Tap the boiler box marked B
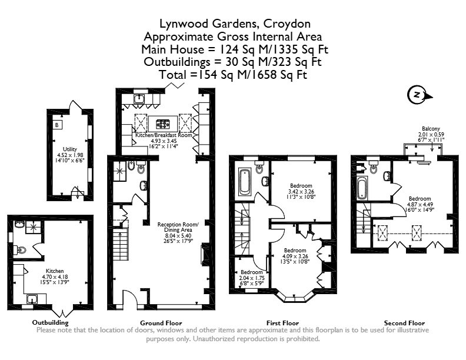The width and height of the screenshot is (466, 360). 57,125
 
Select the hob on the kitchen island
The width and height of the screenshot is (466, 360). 163,124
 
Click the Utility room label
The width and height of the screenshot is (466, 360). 70,149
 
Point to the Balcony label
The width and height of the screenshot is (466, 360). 431,129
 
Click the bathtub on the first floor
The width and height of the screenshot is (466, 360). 244,181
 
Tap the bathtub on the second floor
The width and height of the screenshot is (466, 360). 361,188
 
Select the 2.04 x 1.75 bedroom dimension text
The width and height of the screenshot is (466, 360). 252,278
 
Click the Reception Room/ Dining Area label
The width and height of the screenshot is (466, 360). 178,227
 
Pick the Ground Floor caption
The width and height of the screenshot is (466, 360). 161,323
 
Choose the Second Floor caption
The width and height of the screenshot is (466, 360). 404,323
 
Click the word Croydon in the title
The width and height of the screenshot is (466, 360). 287,24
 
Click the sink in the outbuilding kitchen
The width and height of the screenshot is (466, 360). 32,299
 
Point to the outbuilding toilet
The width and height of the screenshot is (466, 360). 21,249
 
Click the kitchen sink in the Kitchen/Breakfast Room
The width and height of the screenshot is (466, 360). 139,99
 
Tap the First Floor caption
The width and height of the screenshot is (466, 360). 282,323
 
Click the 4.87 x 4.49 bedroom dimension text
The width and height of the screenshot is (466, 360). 420,204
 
